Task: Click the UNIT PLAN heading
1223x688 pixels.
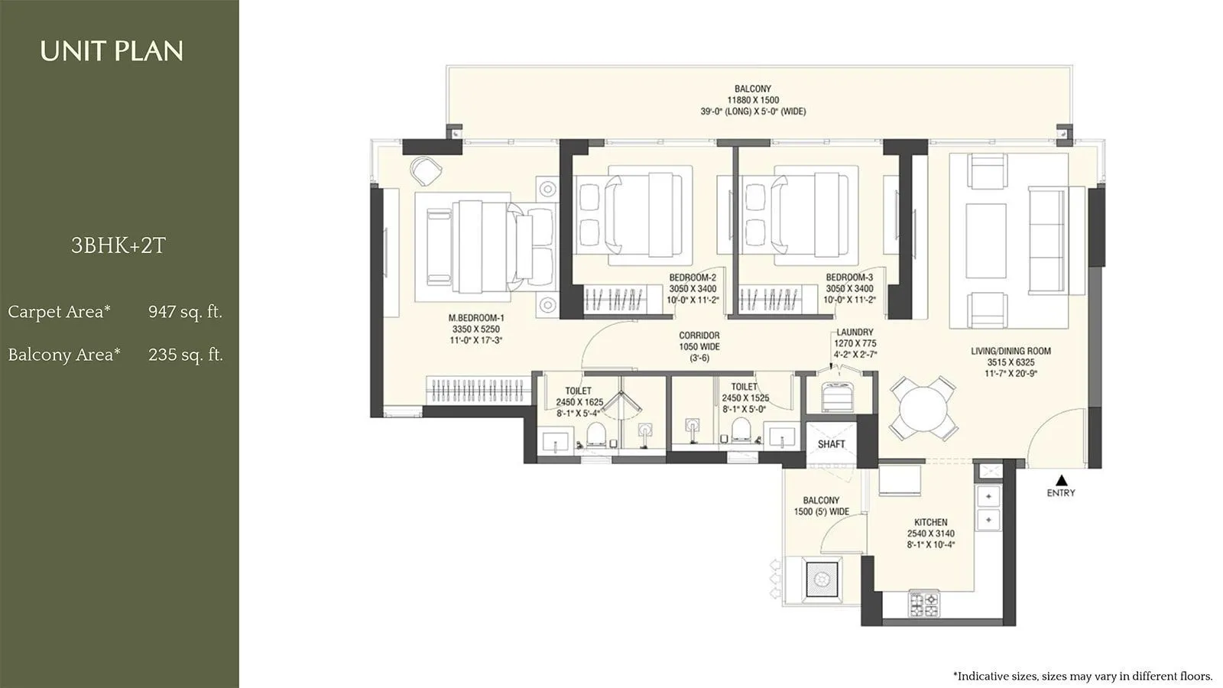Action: pyautogui.click(x=112, y=51)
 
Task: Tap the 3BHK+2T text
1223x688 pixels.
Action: pyautogui.click(x=118, y=245)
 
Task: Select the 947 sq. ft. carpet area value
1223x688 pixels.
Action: pyautogui.click(x=185, y=312)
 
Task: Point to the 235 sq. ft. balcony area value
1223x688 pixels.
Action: pyautogui.click(x=186, y=355)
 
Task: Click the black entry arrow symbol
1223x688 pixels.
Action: pyautogui.click(x=1061, y=480)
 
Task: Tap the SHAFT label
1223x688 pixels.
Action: pyautogui.click(x=831, y=444)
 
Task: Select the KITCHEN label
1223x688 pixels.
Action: pyautogui.click(x=930, y=522)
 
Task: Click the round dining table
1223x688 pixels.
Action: pyautogui.click(x=923, y=407)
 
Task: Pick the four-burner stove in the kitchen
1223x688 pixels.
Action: pyautogui.click(x=923, y=605)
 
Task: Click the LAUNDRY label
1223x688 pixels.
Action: pyautogui.click(x=855, y=333)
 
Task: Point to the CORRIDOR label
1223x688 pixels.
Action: pyautogui.click(x=699, y=336)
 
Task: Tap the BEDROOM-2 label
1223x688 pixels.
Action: pyautogui.click(x=693, y=277)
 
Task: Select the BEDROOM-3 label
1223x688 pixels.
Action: pyautogui.click(x=848, y=277)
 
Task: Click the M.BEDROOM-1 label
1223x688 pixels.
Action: pyautogui.click(x=475, y=318)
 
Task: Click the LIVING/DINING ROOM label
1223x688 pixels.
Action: pyautogui.click(x=1011, y=352)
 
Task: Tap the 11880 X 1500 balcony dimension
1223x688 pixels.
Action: pyautogui.click(x=753, y=100)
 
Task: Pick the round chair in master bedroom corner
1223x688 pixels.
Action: pyautogui.click(x=425, y=170)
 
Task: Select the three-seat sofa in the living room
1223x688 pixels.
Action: pyautogui.click(x=1046, y=241)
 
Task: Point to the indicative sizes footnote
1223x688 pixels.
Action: pyautogui.click(x=1082, y=676)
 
